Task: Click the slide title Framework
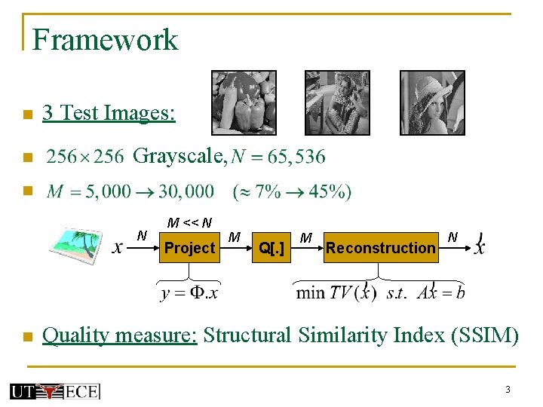point(105,39)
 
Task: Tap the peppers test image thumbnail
point(244,103)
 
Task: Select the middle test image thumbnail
point(337,103)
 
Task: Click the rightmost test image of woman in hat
point(432,103)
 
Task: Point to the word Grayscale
point(179,157)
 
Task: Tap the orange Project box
point(189,248)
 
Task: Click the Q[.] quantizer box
point(271,248)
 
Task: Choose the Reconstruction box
point(381,248)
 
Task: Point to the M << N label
point(189,223)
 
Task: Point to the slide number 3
point(508,390)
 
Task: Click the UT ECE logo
point(54,390)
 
